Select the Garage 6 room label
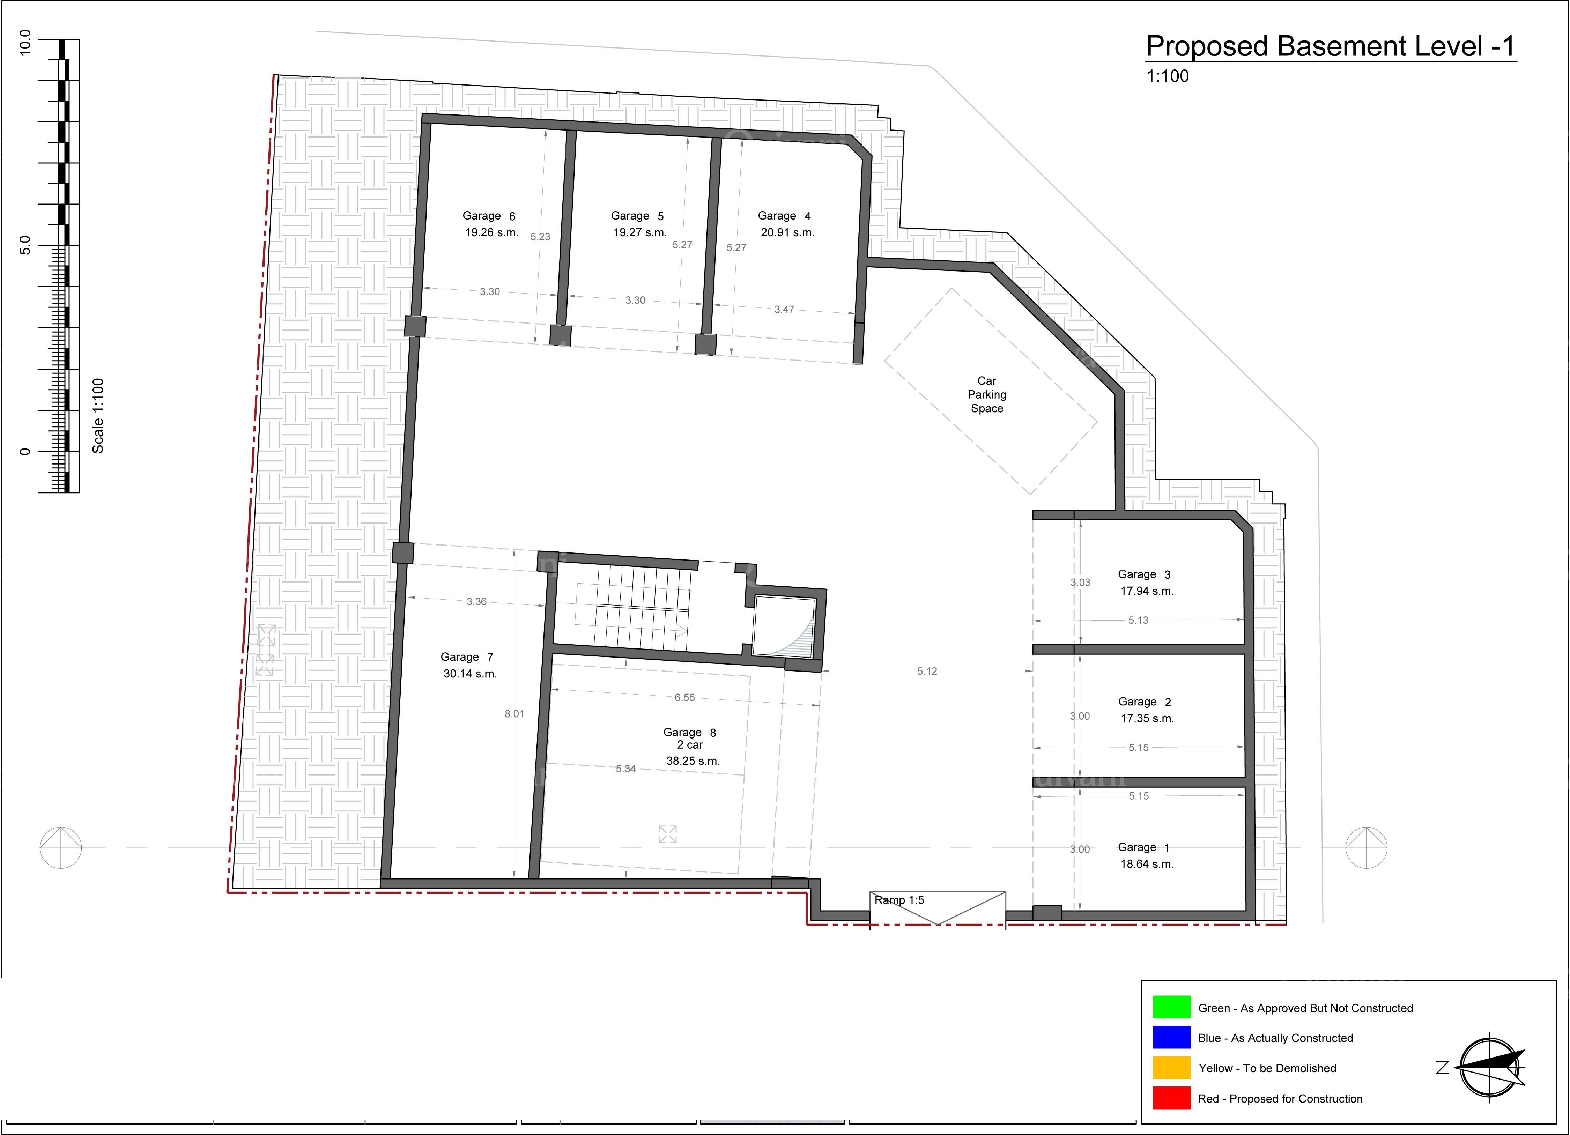[489, 216]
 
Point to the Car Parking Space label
[986, 394]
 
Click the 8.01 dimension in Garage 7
[514, 713]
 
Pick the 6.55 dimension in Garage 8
[684, 698]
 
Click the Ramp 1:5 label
[899, 900]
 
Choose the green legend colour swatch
[1171, 1007]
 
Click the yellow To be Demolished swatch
[1171, 1067]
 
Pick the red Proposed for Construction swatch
[1171, 1098]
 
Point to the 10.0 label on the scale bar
[25, 43]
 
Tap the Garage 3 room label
[1143, 574]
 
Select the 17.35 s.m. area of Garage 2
[1147, 718]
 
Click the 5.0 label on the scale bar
[25, 245]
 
